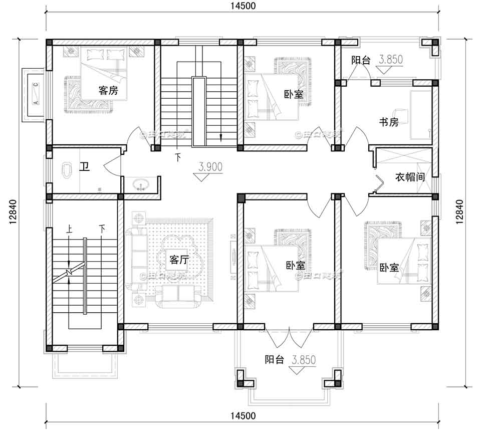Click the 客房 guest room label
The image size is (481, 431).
tap(108, 90)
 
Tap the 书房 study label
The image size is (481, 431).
tap(388, 122)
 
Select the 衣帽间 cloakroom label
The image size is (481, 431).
tap(410, 177)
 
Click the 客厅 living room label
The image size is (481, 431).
tap(179, 260)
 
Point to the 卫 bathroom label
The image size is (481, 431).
tap(85, 167)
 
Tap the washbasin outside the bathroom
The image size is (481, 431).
tap(140, 184)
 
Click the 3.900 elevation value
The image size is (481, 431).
tap(210, 167)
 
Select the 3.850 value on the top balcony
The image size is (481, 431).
tap(391, 60)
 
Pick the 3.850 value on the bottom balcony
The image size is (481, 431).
tap(305, 359)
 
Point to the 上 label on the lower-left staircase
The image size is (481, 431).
tap(69, 229)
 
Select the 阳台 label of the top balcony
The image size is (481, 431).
tap(360, 60)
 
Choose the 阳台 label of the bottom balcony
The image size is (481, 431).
tap(275, 359)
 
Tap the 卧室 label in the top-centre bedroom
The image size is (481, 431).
tap(294, 94)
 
